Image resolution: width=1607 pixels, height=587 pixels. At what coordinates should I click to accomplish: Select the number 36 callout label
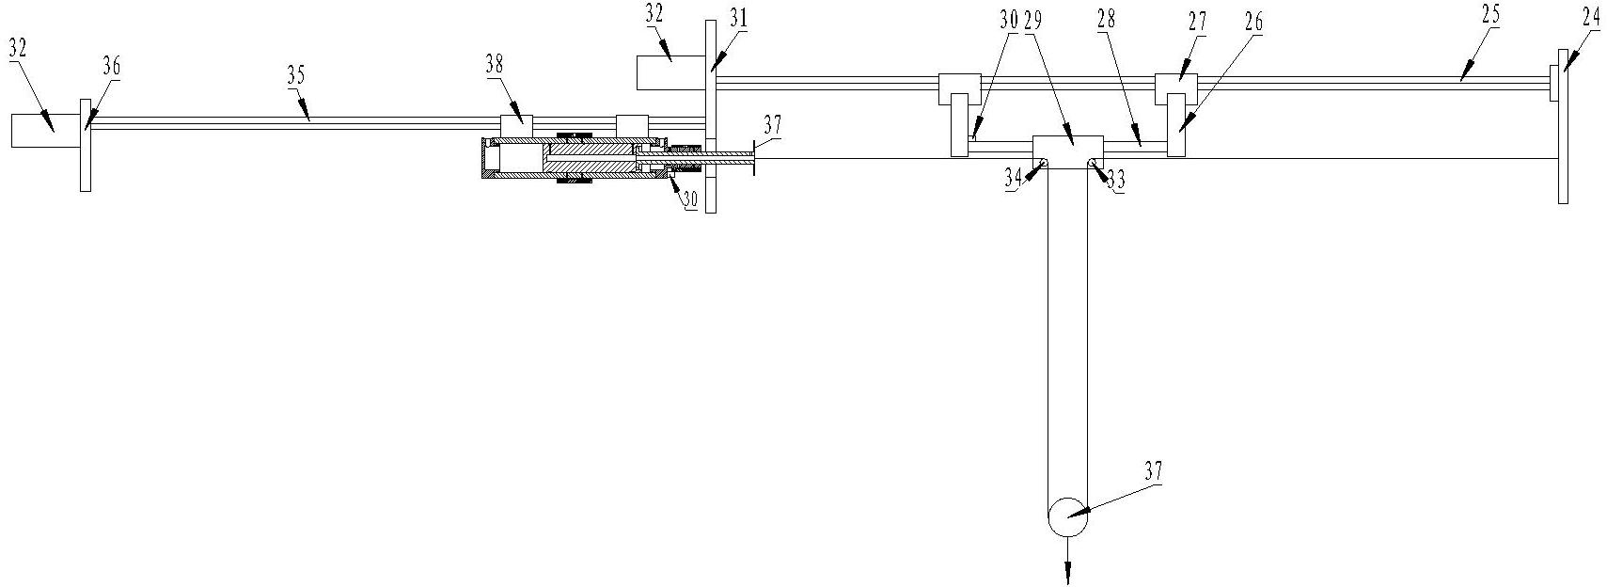[111, 67]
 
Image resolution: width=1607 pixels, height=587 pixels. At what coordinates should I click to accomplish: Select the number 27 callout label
[1196, 24]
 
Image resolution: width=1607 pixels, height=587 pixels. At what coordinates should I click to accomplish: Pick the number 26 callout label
[1254, 23]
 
